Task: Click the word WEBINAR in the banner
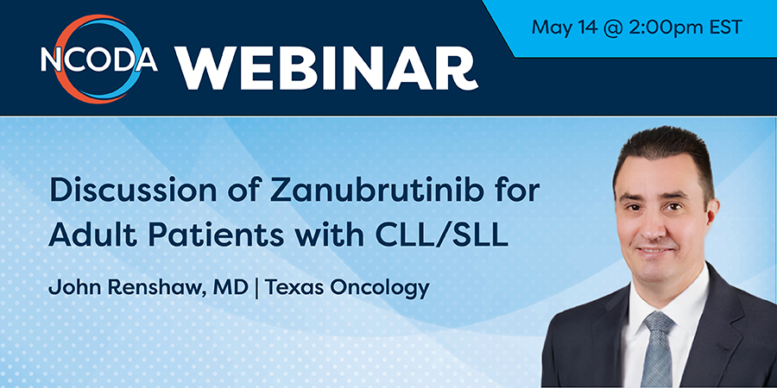pyautogui.click(x=325, y=69)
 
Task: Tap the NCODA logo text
pyautogui.click(x=99, y=59)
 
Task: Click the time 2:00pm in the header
pyautogui.click(x=657, y=28)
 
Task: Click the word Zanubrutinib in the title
pyautogui.click(x=376, y=191)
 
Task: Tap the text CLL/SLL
pyautogui.click(x=442, y=236)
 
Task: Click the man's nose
pyautogui.click(x=655, y=222)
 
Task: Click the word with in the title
pyautogui.click(x=330, y=236)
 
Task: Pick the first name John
pyautogui.click(x=75, y=287)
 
